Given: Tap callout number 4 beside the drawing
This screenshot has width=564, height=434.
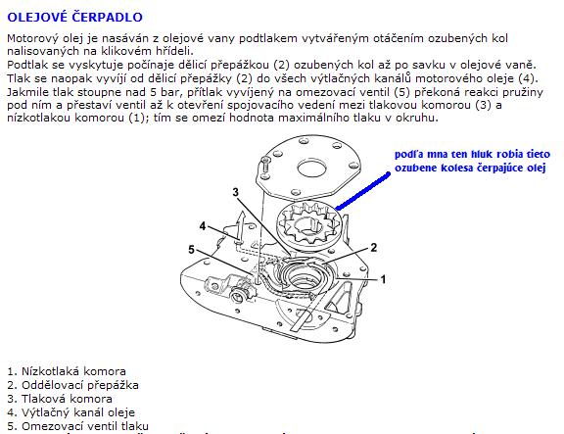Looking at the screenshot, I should (x=203, y=226).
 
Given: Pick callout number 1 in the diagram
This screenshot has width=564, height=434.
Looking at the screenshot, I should (x=383, y=279).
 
